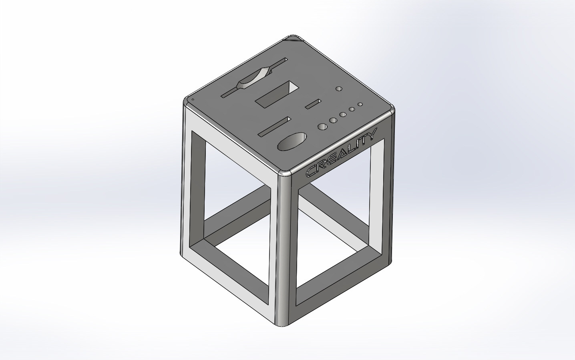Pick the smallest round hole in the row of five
(360, 104)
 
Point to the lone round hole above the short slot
(339, 88)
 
